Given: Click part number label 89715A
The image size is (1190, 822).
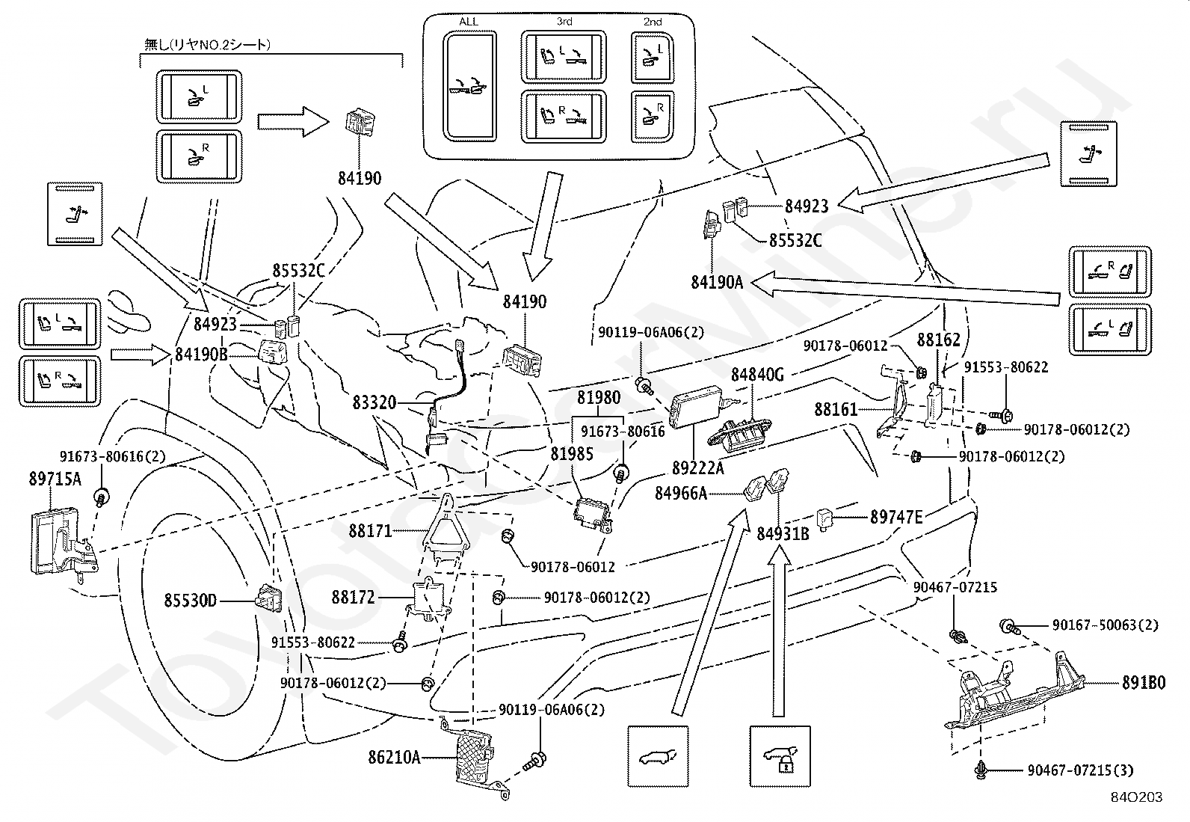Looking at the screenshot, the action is pyautogui.click(x=55, y=479).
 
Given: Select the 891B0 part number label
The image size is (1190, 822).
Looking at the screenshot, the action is pyautogui.click(x=1144, y=683).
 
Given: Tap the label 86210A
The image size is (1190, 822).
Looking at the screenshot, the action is pyautogui.click(x=394, y=757).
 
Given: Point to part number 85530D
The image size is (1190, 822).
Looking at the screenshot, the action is pyautogui.click(x=190, y=601).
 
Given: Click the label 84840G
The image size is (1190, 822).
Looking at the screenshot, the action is pyautogui.click(x=757, y=374).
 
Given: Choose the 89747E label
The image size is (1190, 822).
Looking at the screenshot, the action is pyautogui.click(x=896, y=516).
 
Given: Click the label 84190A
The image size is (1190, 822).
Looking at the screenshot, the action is pyautogui.click(x=717, y=282).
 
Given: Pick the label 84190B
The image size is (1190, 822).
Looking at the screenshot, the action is pyautogui.click(x=201, y=354).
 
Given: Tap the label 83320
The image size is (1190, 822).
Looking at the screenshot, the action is pyautogui.click(x=374, y=402).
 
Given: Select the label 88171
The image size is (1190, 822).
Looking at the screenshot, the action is pyautogui.click(x=370, y=530).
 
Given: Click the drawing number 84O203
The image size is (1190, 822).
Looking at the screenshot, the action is pyautogui.click(x=1136, y=797).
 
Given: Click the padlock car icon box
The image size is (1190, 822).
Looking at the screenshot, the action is pyautogui.click(x=780, y=756).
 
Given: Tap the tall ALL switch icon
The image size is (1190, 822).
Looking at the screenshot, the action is pyautogui.click(x=469, y=86).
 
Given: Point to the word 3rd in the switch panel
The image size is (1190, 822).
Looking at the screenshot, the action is pyautogui.click(x=564, y=21).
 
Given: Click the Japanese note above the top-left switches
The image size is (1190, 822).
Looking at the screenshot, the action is pyautogui.click(x=207, y=45).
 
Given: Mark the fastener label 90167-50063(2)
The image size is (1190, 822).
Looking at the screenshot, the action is pyautogui.click(x=1106, y=625).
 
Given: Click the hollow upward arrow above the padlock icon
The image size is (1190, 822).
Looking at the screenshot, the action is pyautogui.click(x=780, y=632).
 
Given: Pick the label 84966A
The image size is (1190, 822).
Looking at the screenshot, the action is pyautogui.click(x=681, y=494).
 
